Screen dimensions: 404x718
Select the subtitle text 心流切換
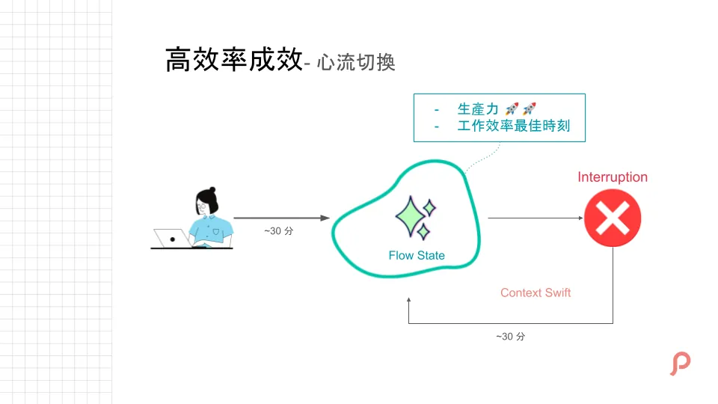click(x=355, y=63)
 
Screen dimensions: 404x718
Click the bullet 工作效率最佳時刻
click(x=513, y=126)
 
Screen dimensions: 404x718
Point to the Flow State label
click(x=417, y=256)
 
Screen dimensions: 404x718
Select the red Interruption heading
click(x=613, y=177)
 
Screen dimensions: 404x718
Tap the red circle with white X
click(x=613, y=218)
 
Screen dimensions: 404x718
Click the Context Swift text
click(x=536, y=293)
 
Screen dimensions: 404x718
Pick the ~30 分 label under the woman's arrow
click(x=279, y=231)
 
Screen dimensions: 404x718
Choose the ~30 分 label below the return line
click(x=511, y=337)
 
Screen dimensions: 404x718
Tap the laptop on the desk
click(x=171, y=239)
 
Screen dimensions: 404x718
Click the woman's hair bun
click(x=212, y=191)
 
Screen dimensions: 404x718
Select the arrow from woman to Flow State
click(x=281, y=218)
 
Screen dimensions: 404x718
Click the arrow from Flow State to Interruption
click(x=535, y=218)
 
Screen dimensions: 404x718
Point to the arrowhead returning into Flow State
click(x=409, y=302)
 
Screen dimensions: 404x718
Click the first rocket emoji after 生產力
click(x=512, y=109)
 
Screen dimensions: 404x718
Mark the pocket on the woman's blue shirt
click(x=216, y=231)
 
